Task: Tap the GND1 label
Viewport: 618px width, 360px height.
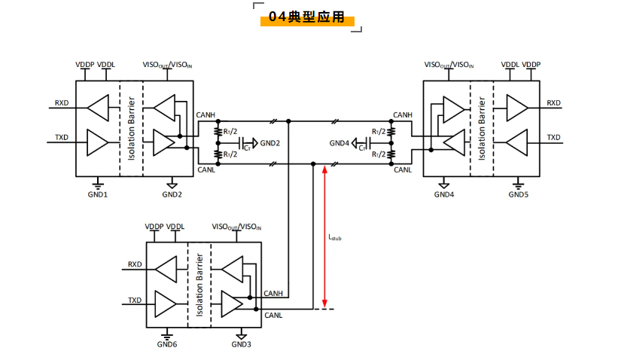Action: [x=99, y=194]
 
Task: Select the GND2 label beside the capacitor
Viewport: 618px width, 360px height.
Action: [x=269, y=143]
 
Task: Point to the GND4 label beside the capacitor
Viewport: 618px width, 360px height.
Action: [x=339, y=143]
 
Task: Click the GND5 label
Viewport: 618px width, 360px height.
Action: [x=518, y=194]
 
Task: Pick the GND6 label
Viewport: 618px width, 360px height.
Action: [x=167, y=344]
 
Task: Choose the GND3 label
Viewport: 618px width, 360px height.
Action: [x=242, y=344]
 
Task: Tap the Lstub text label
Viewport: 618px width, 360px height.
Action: [x=335, y=237]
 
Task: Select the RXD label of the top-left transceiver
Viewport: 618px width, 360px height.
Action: [x=62, y=103]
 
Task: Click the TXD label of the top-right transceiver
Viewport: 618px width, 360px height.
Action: [x=553, y=138]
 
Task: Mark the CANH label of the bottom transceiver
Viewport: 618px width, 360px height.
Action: [x=273, y=293]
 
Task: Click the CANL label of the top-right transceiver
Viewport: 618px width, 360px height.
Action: [x=403, y=170]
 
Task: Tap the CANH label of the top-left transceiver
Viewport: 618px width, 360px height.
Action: [x=205, y=114]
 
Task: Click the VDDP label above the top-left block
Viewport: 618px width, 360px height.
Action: [x=84, y=66]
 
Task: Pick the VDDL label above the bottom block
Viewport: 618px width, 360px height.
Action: [x=175, y=227]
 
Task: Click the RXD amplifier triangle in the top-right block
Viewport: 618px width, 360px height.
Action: [x=517, y=106]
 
